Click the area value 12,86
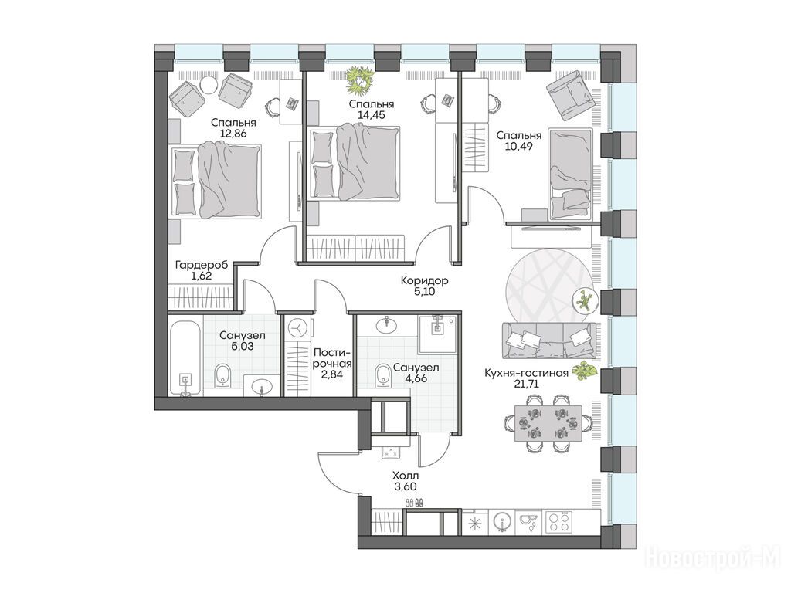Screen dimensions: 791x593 point(233,134)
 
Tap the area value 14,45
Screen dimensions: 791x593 point(372,115)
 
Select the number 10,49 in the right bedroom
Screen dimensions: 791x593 point(518,147)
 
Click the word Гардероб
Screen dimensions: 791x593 point(202,265)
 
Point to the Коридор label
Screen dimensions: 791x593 point(424,280)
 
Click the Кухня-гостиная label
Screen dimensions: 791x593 point(526,373)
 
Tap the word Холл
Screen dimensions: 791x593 point(406,476)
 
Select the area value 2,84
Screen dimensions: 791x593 point(331,374)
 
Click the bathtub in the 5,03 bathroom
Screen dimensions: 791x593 point(185,355)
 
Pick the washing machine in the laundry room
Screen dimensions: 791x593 point(297,327)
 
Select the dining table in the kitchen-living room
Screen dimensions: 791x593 point(548,422)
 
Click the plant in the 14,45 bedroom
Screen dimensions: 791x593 point(360,80)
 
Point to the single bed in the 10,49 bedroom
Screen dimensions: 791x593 point(570,174)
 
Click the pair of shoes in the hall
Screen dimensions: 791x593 point(415,503)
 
